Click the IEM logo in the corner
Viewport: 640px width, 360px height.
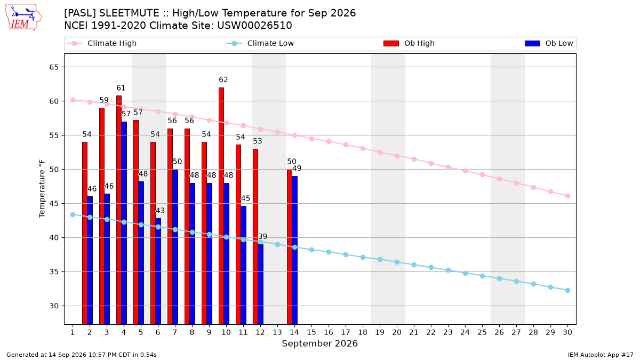[x=23, y=18]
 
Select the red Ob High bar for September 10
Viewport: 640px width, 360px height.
[x=221, y=206]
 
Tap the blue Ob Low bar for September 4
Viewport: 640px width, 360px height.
[x=124, y=223]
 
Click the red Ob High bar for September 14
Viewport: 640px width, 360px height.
[x=290, y=247]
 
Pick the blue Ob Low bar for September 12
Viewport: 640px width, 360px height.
[x=261, y=284]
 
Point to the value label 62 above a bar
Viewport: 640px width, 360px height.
[x=223, y=79]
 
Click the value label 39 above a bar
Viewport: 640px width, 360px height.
[x=262, y=237]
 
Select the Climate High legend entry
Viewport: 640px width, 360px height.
[x=102, y=43]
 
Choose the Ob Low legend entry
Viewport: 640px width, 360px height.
[x=549, y=43]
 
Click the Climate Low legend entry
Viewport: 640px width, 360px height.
[x=260, y=43]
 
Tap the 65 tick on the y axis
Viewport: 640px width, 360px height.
[x=54, y=67]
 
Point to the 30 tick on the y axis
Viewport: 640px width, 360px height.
[x=54, y=306]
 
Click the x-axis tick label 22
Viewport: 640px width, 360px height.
[x=431, y=332]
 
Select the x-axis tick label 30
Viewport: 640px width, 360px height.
[x=567, y=332]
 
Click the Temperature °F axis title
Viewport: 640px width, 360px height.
[x=42, y=189]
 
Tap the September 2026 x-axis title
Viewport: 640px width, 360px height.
[x=319, y=343]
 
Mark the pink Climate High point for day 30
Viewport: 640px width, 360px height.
[x=567, y=196]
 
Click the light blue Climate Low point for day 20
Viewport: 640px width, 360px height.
[x=397, y=262]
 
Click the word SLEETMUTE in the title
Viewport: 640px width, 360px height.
[x=129, y=13]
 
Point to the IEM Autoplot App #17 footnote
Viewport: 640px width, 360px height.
[x=601, y=355]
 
